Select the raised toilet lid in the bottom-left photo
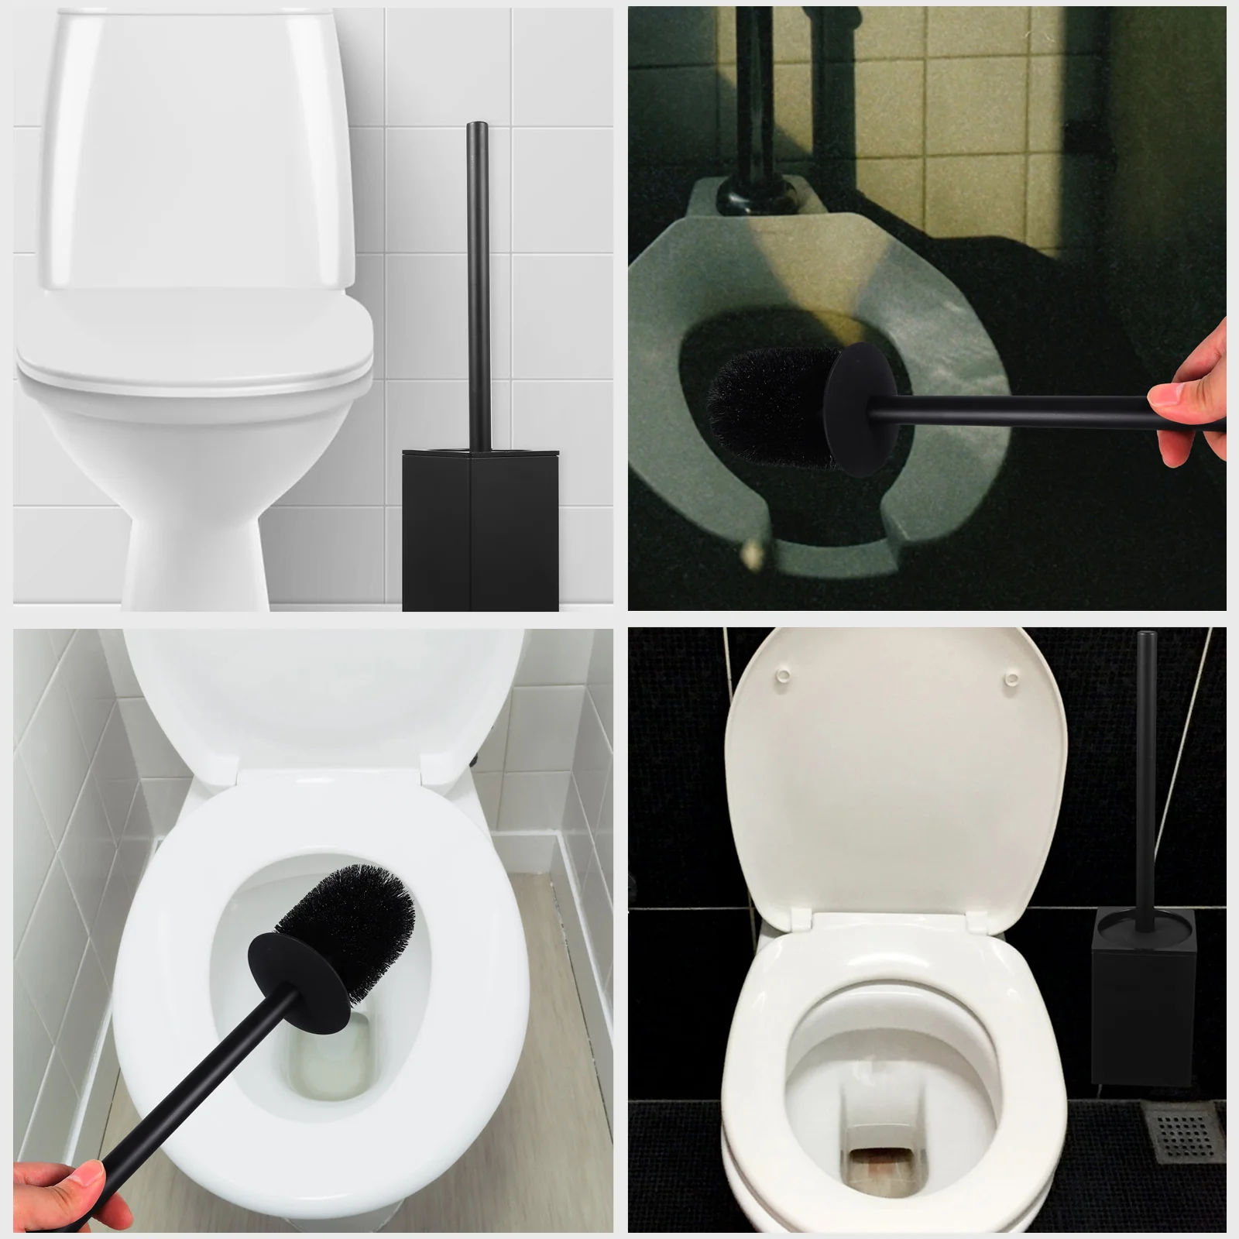pyautogui.click(x=310, y=697)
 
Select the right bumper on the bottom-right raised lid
pyautogui.click(x=1010, y=679)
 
